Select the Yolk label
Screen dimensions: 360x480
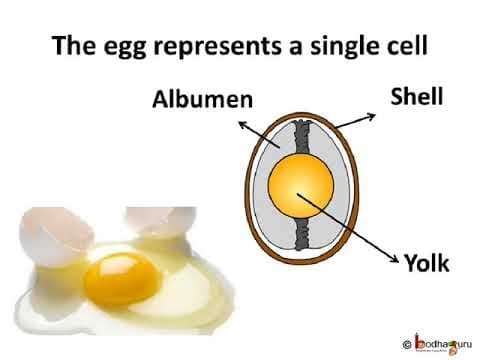pos(427,263)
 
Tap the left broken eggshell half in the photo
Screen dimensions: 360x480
pos(45,225)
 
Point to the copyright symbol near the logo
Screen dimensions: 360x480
pos(407,341)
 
